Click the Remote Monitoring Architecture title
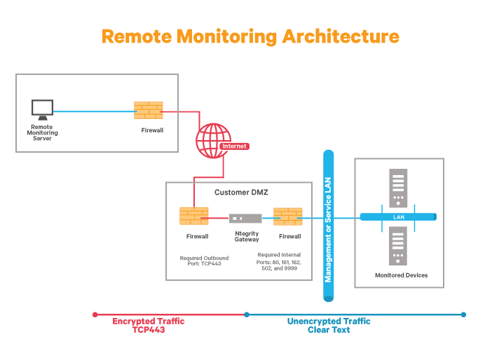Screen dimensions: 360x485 pos(250,36)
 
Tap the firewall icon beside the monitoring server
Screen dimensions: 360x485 pos(148,111)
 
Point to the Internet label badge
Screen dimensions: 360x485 pos(234,146)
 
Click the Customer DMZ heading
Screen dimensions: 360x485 pos(238,192)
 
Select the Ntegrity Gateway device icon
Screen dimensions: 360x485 pos(246,219)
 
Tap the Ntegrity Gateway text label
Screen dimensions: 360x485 pos(247,236)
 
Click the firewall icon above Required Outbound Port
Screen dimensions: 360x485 pos(193,216)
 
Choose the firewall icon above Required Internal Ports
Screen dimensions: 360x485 pos(287,216)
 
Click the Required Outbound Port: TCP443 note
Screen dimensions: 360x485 pos(203,261)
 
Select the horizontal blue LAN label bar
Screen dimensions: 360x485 pos(398,217)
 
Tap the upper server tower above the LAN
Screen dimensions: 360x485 pos(398,188)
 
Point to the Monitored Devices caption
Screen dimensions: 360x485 pos(401,275)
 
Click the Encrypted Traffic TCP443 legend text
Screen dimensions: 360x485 pos(149,325)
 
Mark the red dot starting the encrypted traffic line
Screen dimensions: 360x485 pos(95,314)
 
